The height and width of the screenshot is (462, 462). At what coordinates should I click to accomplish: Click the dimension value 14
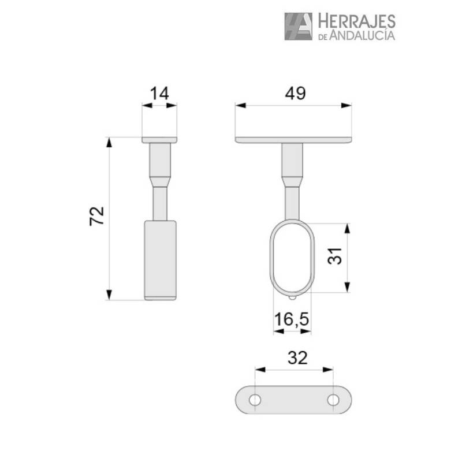pyautogui.click(x=159, y=94)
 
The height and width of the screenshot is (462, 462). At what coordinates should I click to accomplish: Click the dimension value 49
pyautogui.click(x=293, y=93)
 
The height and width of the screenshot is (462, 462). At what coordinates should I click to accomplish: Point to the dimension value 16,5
pyautogui.click(x=292, y=319)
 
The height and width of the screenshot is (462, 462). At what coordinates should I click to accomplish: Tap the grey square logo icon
pyautogui.click(x=298, y=27)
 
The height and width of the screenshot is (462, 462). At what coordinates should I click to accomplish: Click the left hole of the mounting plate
pyautogui.click(x=254, y=399)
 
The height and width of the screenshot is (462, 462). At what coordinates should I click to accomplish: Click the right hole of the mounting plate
pyautogui.click(x=333, y=399)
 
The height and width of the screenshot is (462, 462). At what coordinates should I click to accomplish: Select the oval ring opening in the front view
pyautogui.click(x=292, y=258)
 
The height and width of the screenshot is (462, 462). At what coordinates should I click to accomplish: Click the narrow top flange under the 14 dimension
pyautogui.click(x=159, y=140)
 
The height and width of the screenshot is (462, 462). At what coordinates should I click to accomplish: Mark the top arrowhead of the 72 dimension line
pyautogui.click(x=109, y=142)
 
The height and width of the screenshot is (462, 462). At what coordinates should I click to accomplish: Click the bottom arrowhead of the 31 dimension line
pyautogui.click(x=346, y=288)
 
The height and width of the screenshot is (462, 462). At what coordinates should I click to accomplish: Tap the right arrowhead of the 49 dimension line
pyautogui.click(x=346, y=105)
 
